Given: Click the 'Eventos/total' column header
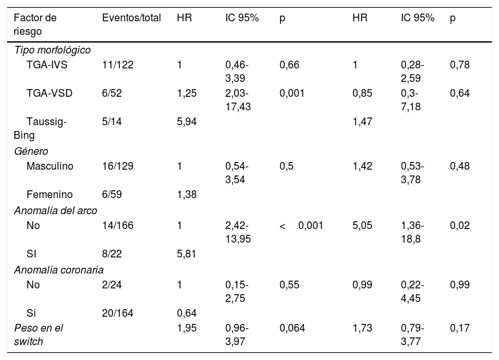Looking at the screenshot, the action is [x=132, y=18].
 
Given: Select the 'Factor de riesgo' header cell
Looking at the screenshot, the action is [x=35, y=25].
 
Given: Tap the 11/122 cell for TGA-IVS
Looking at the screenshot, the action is [x=117, y=65].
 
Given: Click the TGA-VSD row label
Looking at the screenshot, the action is [x=49, y=93].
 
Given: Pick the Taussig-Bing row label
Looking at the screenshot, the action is [x=40, y=128].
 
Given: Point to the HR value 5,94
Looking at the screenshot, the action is [x=187, y=121].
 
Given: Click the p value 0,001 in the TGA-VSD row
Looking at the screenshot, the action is [x=292, y=93].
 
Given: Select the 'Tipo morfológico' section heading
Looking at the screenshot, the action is [x=52, y=50].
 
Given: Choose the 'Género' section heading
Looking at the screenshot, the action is [x=31, y=151].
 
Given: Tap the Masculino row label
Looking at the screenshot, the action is [x=50, y=166].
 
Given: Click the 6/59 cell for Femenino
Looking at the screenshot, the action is [x=112, y=194].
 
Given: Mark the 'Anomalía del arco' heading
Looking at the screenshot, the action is [x=56, y=210].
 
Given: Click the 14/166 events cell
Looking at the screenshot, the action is [x=117, y=225].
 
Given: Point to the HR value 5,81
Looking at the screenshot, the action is [x=187, y=254].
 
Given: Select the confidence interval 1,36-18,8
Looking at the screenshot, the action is [x=412, y=232].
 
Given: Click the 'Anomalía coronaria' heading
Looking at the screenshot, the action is [x=59, y=270].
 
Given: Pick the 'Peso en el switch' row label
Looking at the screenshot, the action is [x=39, y=335].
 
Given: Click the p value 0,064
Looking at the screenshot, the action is [x=292, y=328].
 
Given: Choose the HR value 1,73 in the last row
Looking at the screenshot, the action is [x=363, y=328].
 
